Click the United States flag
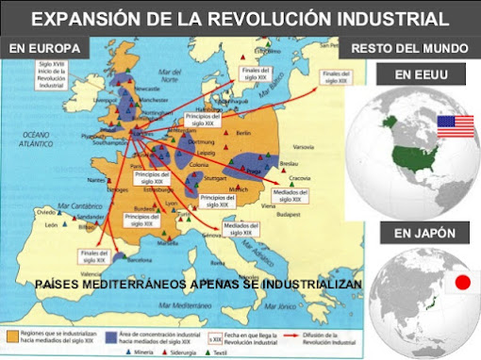(455, 125)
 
